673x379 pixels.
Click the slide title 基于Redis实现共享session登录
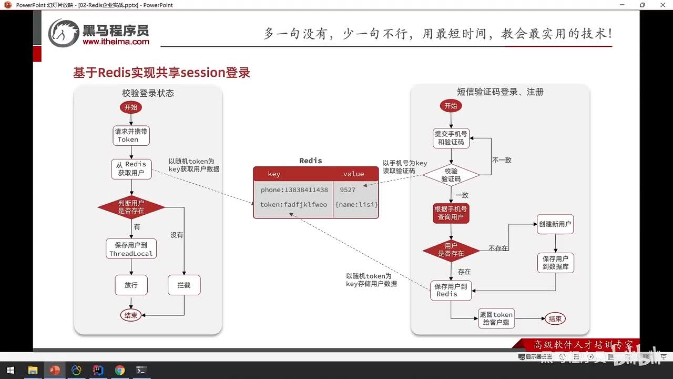(x=161, y=73)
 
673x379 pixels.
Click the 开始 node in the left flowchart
(x=130, y=107)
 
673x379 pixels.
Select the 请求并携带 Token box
(x=131, y=135)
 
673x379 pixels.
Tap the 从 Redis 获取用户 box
(x=131, y=168)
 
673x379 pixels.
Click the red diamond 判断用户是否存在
(x=131, y=207)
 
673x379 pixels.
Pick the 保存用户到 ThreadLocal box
(x=131, y=249)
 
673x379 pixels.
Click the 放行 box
(x=131, y=285)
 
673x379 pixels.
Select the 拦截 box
(x=184, y=285)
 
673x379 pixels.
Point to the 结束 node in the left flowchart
(x=130, y=315)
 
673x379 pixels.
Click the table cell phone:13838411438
(x=293, y=190)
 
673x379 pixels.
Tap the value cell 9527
(x=348, y=190)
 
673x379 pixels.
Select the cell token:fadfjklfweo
(x=293, y=205)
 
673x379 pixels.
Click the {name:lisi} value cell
(x=356, y=205)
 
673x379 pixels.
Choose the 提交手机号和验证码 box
(x=451, y=138)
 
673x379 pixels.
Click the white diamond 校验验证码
(x=451, y=175)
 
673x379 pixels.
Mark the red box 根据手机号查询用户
(x=451, y=213)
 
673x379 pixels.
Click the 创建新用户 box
(x=555, y=224)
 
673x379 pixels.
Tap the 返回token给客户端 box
(x=496, y=318)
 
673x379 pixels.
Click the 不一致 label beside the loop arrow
(x=502, y=160)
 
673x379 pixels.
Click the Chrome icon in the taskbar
(x=120, y=370)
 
